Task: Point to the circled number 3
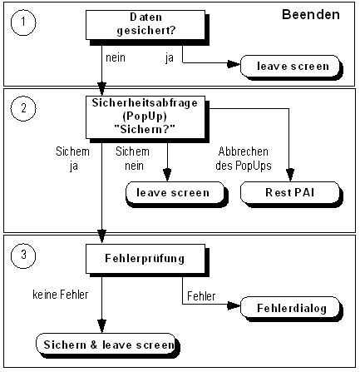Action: coord(24,256)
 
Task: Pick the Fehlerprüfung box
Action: coord(142,259)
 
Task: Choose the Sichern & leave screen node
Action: coord(106,343)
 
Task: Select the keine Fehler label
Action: coord(59,294)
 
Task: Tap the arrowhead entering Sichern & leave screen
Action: coord(101,330)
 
